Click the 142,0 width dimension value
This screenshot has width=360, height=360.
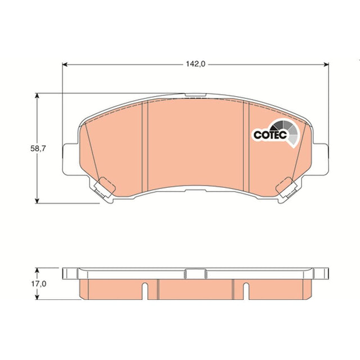coord(196,64)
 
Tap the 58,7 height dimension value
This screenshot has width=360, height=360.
coord(38,148)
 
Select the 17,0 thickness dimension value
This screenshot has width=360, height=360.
coord(39,284)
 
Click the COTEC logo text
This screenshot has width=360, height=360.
coord(270,135)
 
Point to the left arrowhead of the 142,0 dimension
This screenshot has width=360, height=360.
coord(65,65)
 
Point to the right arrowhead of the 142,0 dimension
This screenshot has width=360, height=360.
coord(326,65)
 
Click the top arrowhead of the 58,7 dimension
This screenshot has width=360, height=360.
coord(37,96)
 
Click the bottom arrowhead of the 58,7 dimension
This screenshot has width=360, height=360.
coord(37,201)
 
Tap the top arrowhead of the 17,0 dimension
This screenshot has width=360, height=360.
coord(37,270)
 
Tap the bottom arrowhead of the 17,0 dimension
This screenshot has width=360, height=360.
coord(37,297)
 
